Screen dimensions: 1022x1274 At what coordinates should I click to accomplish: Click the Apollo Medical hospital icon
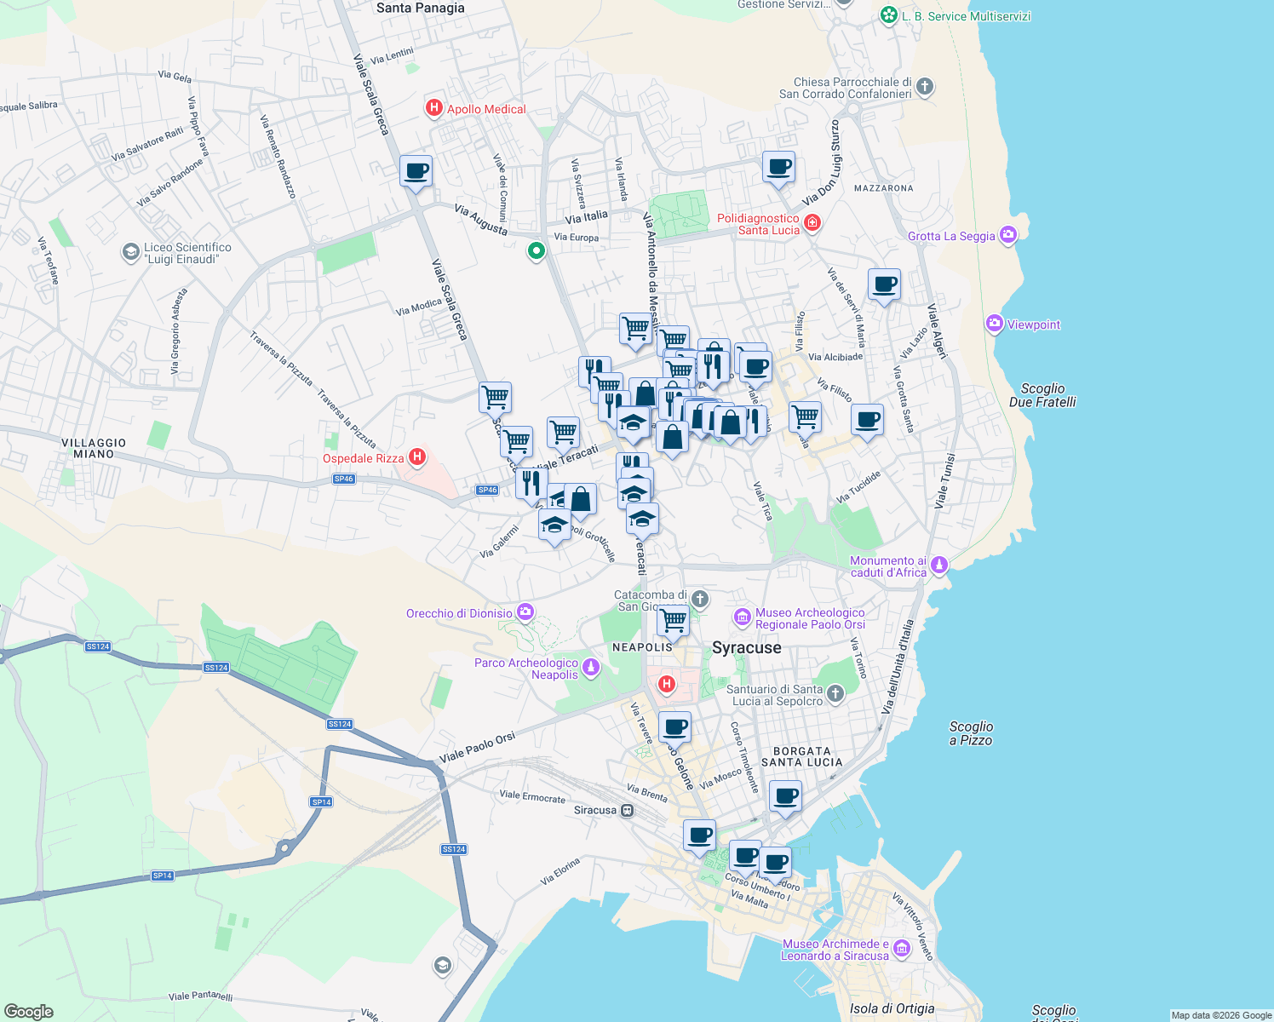(433, 108)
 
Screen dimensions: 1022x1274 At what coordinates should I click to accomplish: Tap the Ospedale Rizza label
(363, 458)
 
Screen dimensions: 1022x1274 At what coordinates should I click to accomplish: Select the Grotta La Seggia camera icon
(1008, 235)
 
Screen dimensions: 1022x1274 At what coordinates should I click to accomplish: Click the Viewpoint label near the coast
(1034, 324)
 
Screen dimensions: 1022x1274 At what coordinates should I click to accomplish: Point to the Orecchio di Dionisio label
(459, 613)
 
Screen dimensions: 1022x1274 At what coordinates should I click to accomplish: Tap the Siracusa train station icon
(628, 810)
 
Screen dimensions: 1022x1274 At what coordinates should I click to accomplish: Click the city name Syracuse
(746, 648)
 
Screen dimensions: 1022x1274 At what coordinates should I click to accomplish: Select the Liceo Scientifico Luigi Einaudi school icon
(130, 251)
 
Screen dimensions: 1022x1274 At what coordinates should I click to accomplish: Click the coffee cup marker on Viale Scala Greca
(416, 171)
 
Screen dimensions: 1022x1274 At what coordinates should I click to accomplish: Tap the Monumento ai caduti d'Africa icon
(938, 565)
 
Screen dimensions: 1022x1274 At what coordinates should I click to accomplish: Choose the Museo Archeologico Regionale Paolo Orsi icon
(742, 617)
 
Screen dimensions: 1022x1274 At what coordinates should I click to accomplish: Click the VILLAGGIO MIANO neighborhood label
(94, 448)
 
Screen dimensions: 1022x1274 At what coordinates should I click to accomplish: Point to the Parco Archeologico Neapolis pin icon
(591, 668)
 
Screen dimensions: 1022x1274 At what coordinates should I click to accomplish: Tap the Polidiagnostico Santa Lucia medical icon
(812, 222)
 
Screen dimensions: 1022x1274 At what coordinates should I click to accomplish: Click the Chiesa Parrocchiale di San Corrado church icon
(925, 87)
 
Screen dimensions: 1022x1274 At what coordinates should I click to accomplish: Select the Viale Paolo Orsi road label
(477, 748)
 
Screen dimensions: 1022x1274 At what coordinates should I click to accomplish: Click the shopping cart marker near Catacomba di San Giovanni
(674, 620)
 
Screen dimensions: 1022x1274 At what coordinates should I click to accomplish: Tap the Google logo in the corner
(28, 1011)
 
